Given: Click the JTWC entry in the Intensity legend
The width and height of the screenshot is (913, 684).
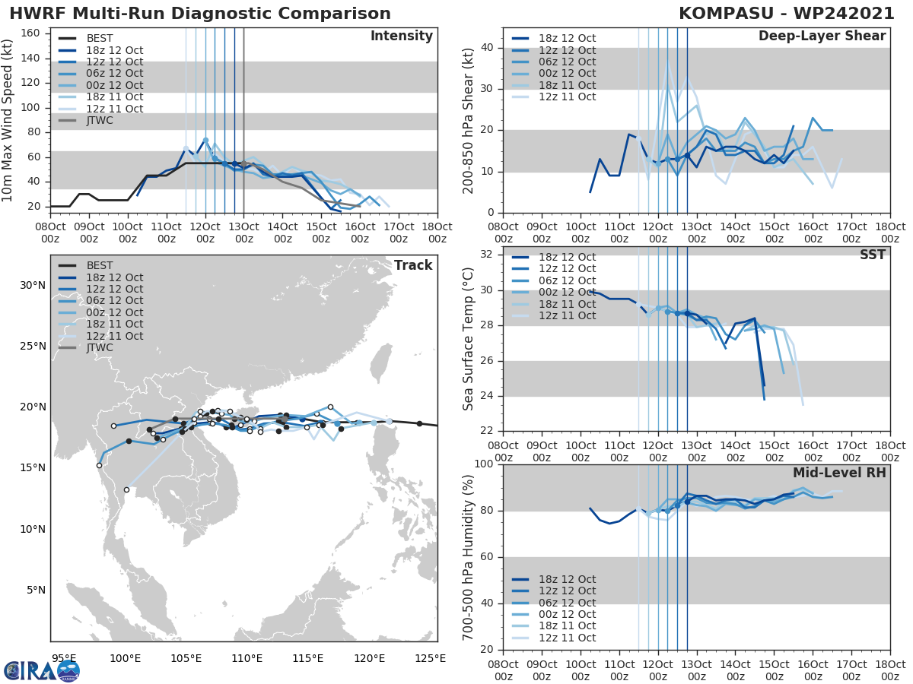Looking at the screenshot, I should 100,120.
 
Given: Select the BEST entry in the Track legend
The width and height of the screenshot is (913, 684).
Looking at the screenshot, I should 100,265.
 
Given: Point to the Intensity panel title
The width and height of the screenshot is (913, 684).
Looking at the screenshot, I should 401,36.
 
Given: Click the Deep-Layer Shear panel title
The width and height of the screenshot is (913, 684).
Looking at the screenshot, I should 822,36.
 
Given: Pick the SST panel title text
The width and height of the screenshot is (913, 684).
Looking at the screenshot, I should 872,255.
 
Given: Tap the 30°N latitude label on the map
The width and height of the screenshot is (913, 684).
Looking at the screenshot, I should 32,286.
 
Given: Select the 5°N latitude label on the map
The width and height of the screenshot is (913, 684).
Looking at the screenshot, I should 35,590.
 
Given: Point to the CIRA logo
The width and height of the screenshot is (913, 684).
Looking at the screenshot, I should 41,670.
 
